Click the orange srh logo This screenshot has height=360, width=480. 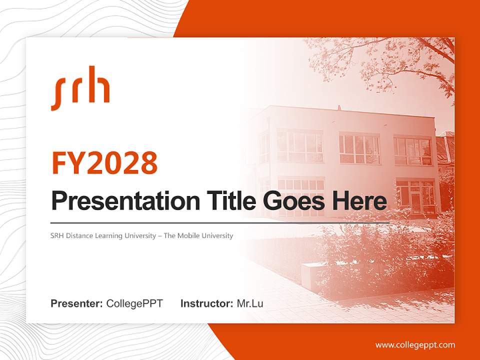80,88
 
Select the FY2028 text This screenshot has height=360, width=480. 104,163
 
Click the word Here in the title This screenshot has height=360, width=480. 359,201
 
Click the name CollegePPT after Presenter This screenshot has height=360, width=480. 134,303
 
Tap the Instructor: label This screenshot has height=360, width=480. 206,303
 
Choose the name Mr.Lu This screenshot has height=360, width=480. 250,303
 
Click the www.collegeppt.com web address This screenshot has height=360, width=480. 415,344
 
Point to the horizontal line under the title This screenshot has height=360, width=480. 220,222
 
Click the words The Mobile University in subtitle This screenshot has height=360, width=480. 198,235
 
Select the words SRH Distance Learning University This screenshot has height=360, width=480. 103,235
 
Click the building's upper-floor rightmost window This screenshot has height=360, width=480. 412,150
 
